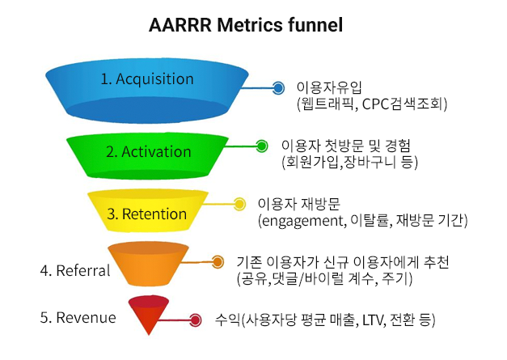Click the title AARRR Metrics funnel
tap(246, 25)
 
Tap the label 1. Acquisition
tap(147, 79)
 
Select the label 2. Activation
tap(149, 152)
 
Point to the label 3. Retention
tap(147, 214)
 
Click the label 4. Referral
tap(75, 270)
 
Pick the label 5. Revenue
tap(78, 317)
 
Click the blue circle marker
tap(278, 87)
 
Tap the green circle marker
tap(261, 146)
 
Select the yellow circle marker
tap(239, 204)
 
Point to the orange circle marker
tap(218, 261)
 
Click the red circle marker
tap(195, 320)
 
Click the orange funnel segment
tap(149, 264)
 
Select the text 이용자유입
tap(329, 87)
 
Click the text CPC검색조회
tap(402, 104)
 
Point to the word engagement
tap(302, 221)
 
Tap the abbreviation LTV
tap(372, 320)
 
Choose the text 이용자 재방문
tap(298, 204)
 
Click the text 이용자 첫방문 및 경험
tap(346, 146)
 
